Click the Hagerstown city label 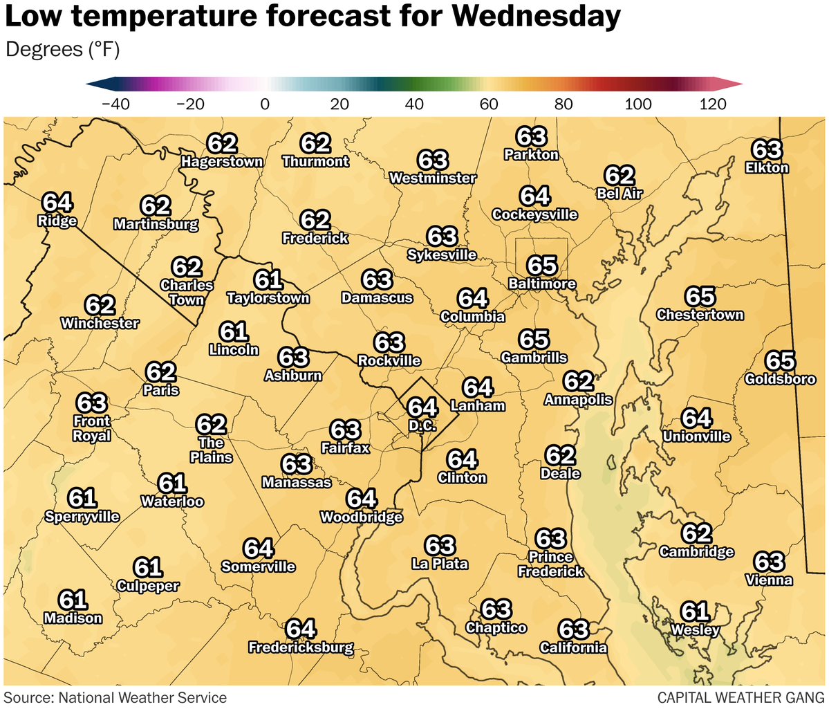[222, 162]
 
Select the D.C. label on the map [422, 426]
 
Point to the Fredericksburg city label [301, 648]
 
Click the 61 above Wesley [696, 612]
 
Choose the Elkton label [767, 167]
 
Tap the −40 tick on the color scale [115, 104]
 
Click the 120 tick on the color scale [712, 104]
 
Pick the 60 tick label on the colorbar [489, 104]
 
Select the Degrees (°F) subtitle [63, 50]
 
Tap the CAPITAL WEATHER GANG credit [740, 697]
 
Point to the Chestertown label [700, 315]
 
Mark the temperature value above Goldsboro [780, 361]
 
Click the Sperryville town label [82, 516]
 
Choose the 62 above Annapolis [578, 382]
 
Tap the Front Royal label [92, 428]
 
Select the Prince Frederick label [551, 564]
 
